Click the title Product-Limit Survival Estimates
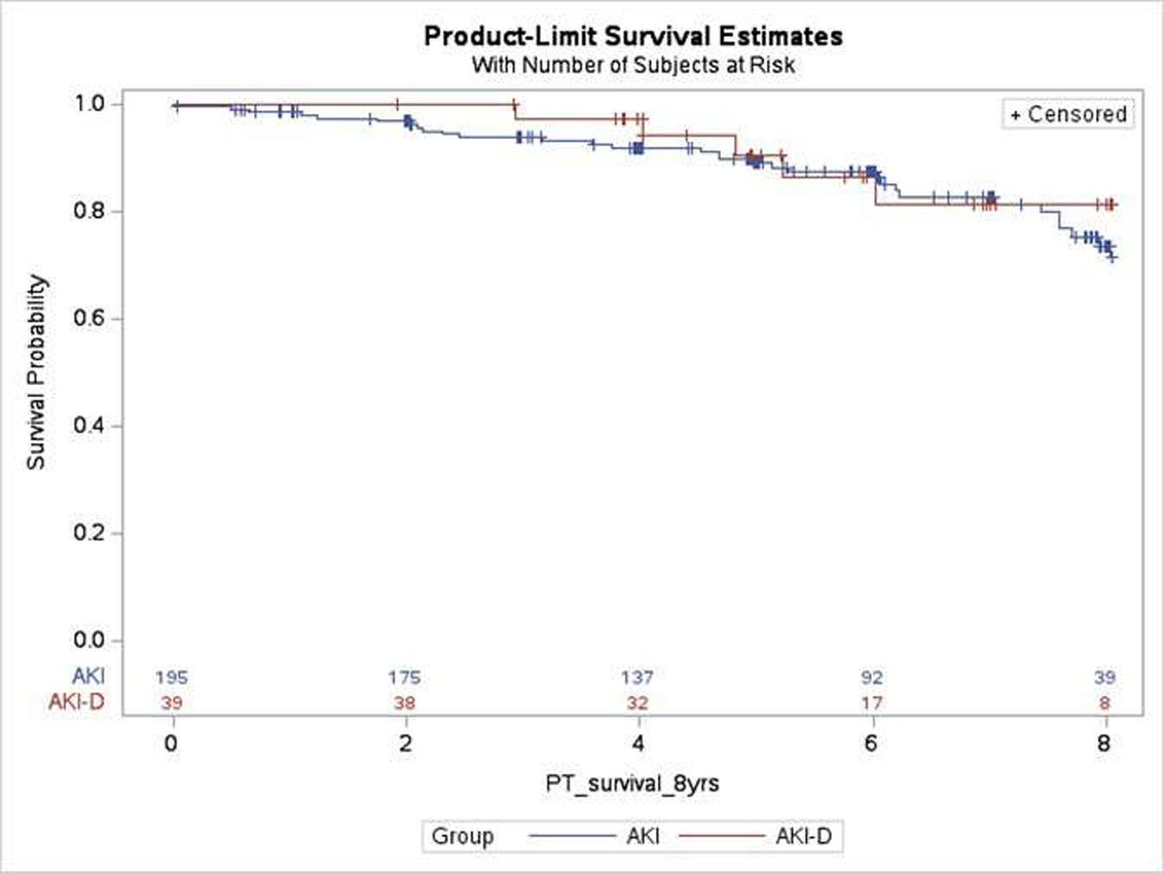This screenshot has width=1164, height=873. [x=633, y=37]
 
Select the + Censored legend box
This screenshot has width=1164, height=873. [x=1068, y=114]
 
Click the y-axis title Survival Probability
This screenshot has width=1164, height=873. [x=36, y=372]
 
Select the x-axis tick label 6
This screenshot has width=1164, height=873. [x=872, y=745]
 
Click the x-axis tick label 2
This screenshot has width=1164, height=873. [x=406, y=745]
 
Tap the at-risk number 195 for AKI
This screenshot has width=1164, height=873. [x=174, y=676]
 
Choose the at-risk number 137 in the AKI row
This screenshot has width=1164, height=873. [x=637, y=676]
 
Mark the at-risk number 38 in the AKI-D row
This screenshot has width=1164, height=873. [x=405, y=702]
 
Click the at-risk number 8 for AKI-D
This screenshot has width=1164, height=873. [x=1105, y=702]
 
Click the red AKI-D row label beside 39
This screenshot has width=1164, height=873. [x=76, y=702]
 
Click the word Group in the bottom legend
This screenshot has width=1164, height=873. [x=463, y=836]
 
